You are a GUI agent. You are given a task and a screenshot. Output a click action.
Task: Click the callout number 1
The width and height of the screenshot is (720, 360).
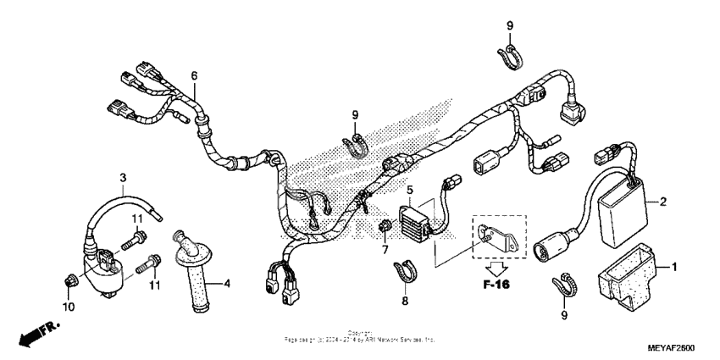point(675,267)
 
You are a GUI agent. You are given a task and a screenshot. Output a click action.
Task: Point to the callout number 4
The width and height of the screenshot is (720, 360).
point(226,283)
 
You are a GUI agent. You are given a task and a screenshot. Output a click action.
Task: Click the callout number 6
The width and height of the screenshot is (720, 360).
point(194,76)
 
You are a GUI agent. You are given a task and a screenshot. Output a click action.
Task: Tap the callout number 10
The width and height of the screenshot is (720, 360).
point(69,306)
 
